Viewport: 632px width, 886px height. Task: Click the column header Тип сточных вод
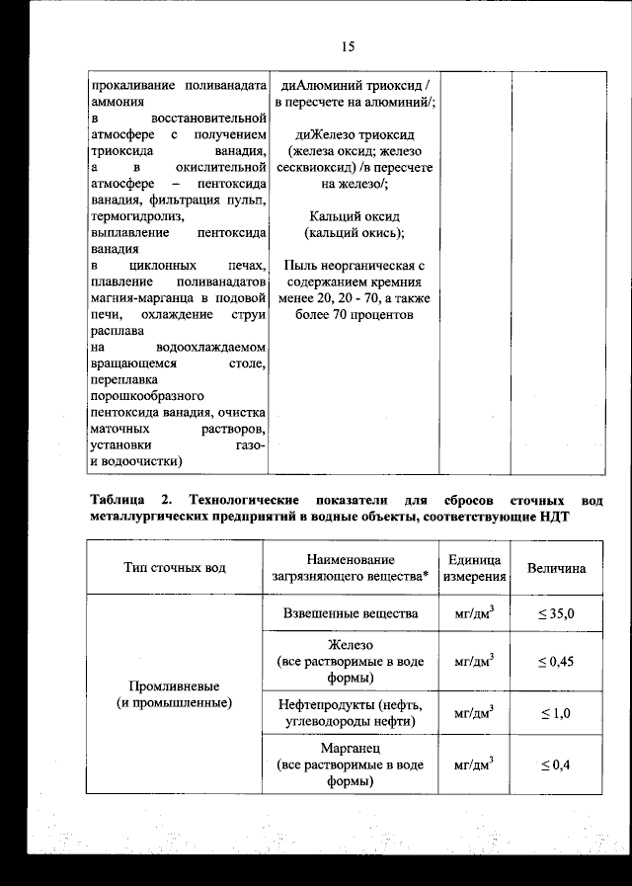coord(174,568)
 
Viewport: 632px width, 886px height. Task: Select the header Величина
coord(556,568)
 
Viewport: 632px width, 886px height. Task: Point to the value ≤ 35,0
coord(556,614)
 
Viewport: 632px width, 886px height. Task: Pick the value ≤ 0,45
coord(556,661)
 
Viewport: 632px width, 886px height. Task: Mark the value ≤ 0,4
coord(556,765)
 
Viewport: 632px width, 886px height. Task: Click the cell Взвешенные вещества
coord(351,613)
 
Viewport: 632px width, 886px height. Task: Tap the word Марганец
coord(351,748)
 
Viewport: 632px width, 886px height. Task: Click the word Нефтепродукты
coord(328,704)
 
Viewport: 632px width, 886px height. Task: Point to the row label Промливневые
coord(174,685)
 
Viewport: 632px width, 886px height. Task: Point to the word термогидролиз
coord(135,215)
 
